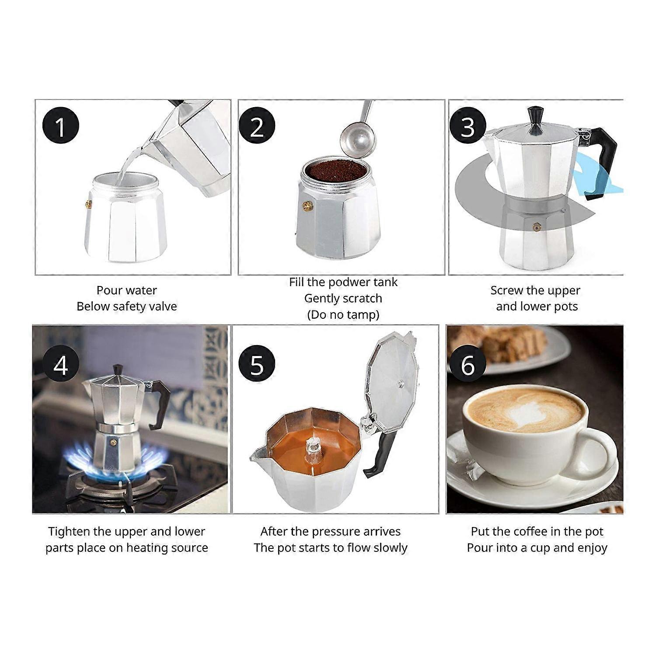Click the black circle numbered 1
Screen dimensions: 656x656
tap(60, 126)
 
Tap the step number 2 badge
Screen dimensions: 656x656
tap(257, 126)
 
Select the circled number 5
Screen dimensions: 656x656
tap(257, 364)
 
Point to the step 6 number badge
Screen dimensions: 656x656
tap(468, 364)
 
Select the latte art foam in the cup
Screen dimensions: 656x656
tap(525, 411)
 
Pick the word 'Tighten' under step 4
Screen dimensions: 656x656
tap(69, 531)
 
